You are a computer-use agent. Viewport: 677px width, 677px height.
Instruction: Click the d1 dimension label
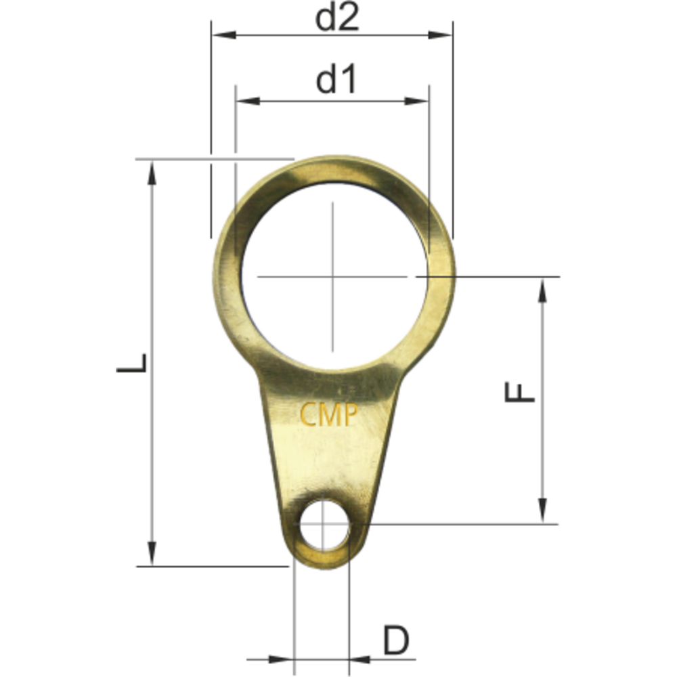click(x=336, y=81)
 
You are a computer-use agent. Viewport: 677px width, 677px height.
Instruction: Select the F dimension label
click(x=519, y=393)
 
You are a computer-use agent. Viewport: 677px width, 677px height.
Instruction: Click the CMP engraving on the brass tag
click(x=329, y=415)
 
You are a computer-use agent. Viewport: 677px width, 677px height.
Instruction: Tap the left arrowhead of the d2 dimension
click(x=223, y=35)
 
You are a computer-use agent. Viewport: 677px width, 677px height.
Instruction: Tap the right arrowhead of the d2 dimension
click(x=441, y=35)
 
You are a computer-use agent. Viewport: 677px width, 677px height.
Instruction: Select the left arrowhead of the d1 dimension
click(x=248, y=102)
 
